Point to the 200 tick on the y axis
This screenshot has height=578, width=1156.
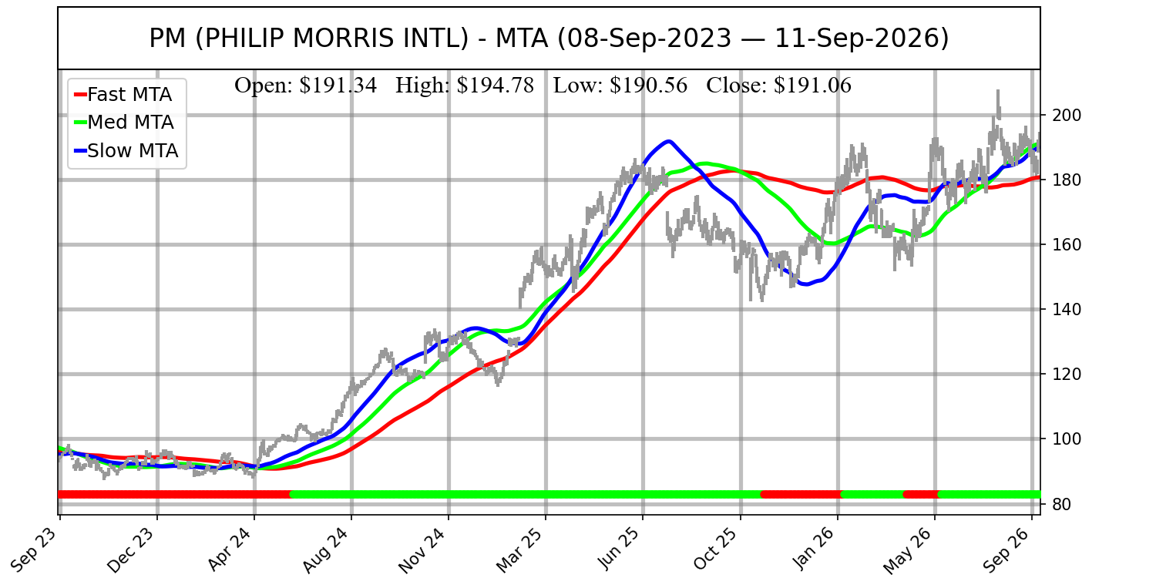(1066, 115)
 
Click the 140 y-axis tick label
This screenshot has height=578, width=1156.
(1066, 310)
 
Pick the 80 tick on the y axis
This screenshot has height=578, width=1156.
(1061, 504)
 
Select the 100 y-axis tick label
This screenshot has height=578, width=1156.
(1066, 439)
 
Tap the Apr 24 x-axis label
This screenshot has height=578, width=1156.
(230, 548)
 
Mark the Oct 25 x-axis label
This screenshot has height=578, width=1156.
(716, 548)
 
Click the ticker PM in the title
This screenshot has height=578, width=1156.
(167, 39)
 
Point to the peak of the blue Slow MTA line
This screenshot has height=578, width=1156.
(669, 141)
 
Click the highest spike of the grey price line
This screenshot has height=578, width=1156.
(998, 92)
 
